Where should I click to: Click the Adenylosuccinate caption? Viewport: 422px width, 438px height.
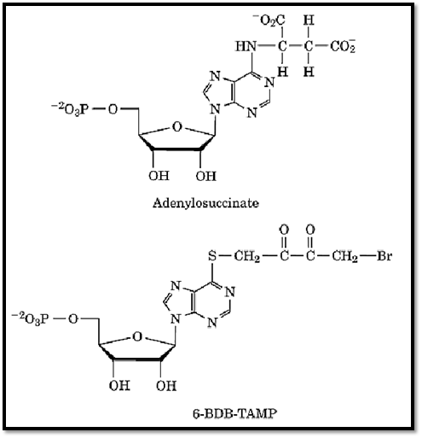click(205, 203)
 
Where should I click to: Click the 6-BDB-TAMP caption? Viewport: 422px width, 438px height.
click(234, 413)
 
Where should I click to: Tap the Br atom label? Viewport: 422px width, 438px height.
click(384, 255)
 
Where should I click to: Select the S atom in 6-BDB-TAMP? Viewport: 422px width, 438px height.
click(212, 255)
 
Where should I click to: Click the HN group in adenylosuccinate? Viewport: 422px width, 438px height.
click(246, 46)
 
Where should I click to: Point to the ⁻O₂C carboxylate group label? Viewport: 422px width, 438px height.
click(269, 20)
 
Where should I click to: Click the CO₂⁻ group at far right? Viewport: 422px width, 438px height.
click(343, 46)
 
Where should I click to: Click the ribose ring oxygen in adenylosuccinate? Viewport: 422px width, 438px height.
click(176, 127)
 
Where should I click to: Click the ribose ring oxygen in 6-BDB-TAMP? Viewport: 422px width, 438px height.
click(137, 337)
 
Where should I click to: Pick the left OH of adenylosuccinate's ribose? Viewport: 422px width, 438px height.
click(159, 176)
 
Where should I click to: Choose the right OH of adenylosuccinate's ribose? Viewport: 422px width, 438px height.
click(205, 176)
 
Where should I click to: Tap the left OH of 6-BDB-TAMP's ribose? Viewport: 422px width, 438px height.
click(119, 385)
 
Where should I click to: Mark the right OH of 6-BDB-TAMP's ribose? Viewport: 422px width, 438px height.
click(166, 386)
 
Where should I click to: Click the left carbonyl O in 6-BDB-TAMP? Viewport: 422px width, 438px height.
click(284, 230)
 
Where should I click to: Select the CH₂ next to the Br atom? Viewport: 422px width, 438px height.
click(344, 256)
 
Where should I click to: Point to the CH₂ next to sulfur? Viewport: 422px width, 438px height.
click(247, 256)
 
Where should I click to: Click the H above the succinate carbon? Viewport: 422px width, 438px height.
click(309, 20)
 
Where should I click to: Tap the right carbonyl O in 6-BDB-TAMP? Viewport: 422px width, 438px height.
click(310, 230)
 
